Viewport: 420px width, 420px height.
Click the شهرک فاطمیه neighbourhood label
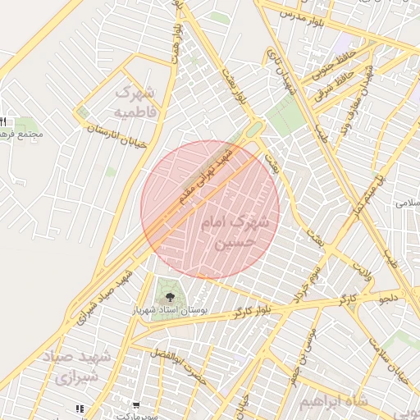135,99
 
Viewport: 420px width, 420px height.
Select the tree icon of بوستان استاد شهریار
170,296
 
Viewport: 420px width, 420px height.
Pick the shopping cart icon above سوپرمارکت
135,404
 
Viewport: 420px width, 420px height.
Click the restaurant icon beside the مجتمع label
2,122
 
